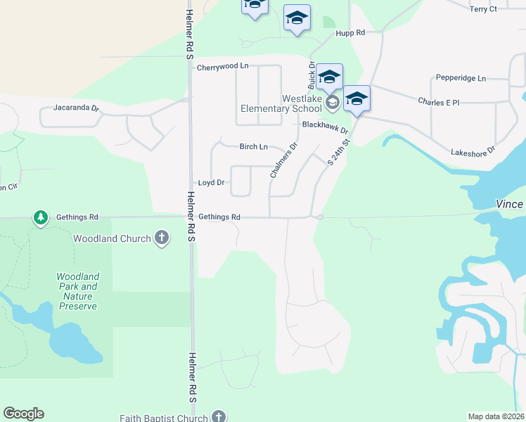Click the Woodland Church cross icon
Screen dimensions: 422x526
click(x=162, y=238)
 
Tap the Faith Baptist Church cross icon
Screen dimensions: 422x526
click(x=219, y=417)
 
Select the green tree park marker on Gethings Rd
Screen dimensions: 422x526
click(x=41, y=218)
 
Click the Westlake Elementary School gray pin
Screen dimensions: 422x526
click(x=333, y=103)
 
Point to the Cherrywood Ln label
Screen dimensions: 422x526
click(x=223, y=68)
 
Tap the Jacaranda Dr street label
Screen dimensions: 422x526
click(x=77, y=109)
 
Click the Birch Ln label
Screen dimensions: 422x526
click(x=253, y=147)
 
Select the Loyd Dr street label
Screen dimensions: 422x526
click(x=211, y=183)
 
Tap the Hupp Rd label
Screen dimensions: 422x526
click(x=350, y=33)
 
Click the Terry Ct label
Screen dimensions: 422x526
click(x=483, y=9)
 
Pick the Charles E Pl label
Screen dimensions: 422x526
click(x=438, y=102)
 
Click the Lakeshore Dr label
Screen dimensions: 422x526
click(x=473, y=151)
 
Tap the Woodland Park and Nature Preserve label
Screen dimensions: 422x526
click(x=78, y=291)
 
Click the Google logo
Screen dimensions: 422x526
click(x=23, y=414)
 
